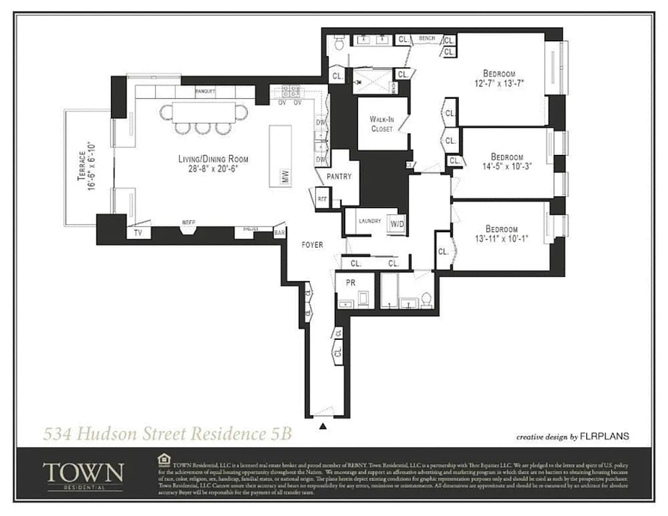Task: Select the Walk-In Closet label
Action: point(381,124)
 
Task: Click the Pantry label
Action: point(339,176)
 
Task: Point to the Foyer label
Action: point(312,245)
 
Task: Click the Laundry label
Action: point(369,221)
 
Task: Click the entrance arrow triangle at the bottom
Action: point(323,426)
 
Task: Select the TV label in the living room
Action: point(137,232)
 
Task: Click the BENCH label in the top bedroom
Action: point(427,39)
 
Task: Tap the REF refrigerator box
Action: point(322,199)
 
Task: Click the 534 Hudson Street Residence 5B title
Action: point(167,433)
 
